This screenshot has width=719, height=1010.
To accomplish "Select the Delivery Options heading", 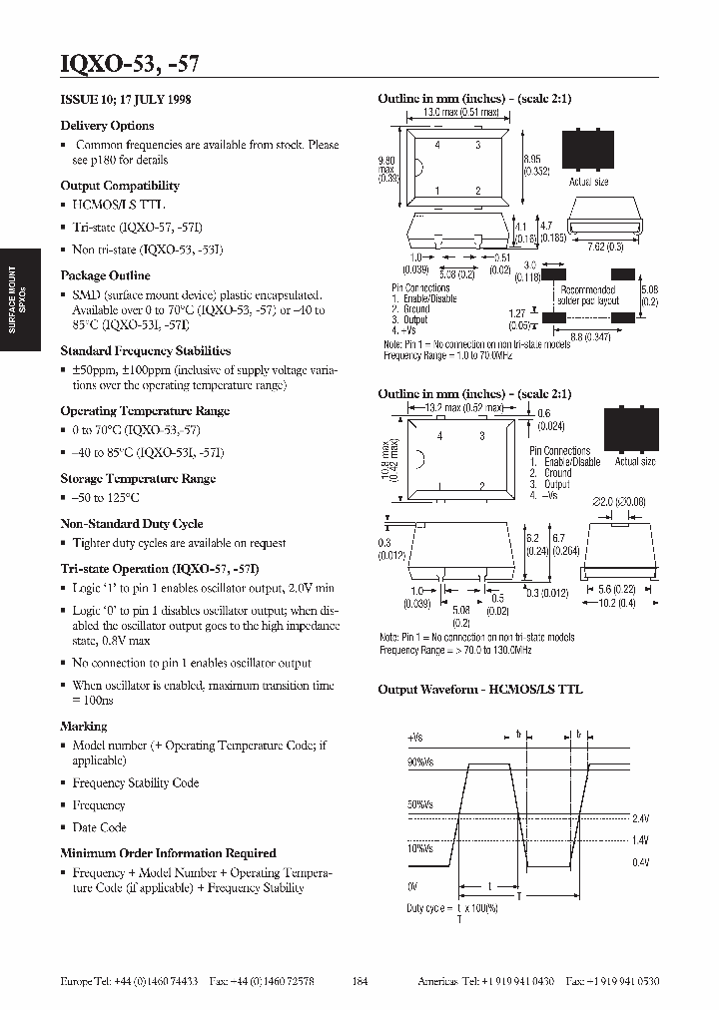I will click(107, 126).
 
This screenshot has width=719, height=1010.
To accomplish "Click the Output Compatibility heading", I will click(120, 186).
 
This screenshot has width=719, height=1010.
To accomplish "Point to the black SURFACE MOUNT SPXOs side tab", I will click(18, 299).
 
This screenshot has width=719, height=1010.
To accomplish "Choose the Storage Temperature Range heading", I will click(138, 479).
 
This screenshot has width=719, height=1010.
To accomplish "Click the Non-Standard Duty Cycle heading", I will click(132, 524).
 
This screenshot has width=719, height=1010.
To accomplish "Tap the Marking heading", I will click(84, 727).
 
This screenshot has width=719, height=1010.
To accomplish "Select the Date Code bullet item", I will click(99, 827).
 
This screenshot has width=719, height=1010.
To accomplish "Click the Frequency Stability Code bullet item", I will click(136, 783).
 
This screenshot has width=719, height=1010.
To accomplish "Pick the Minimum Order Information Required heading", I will click(168, 853).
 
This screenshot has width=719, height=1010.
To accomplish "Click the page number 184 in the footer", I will click(360, 982).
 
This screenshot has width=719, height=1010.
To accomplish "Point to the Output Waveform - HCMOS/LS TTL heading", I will click(479, 690).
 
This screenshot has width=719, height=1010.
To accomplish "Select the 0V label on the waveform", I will click(413, 886).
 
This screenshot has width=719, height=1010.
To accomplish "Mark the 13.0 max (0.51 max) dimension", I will click(462, 113).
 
